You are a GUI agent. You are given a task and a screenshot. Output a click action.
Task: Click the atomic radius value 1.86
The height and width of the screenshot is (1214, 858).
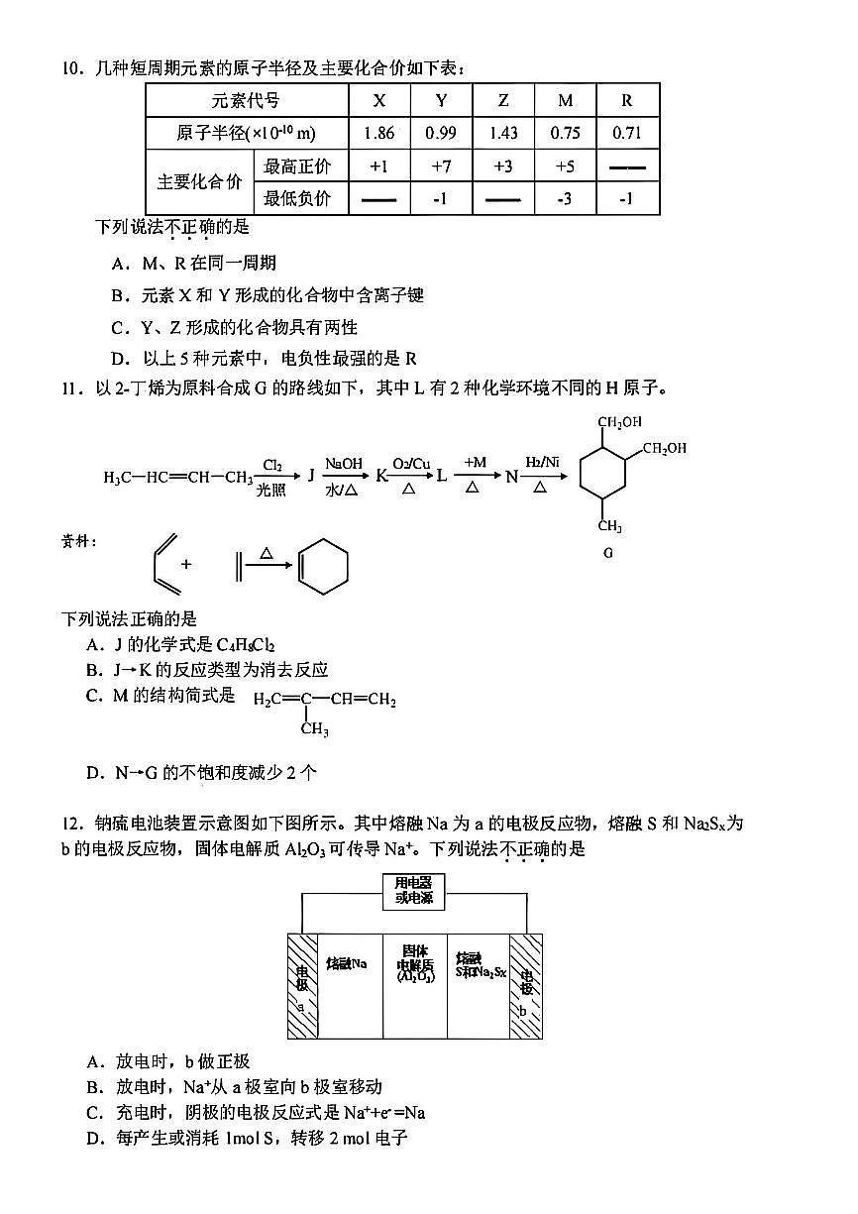(x=378, y=134)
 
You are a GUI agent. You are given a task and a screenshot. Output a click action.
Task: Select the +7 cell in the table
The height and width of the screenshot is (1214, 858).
(x=441, y=166)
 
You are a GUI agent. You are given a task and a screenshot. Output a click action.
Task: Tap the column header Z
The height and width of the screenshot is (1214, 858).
(x=503, y=101)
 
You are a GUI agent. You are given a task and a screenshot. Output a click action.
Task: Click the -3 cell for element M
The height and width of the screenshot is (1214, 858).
(x=565, y=199)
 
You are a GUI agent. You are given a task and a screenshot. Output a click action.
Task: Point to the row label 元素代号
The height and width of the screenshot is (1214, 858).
(x=246, y=101)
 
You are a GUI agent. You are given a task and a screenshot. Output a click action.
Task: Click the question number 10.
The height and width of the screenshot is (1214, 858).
(x=70, y=68)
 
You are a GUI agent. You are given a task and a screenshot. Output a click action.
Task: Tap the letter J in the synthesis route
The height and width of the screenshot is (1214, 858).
(x=310, y=477)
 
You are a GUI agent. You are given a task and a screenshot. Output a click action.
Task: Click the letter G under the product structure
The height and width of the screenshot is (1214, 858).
(x=608, y=553)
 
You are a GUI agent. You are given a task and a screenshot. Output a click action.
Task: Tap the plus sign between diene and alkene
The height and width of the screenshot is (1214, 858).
(x=185, y=564)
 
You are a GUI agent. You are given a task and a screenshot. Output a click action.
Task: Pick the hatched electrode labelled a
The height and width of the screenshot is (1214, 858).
(x=302, y=985)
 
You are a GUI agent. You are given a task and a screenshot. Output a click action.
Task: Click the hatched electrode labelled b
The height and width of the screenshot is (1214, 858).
(x=526, y=985)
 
